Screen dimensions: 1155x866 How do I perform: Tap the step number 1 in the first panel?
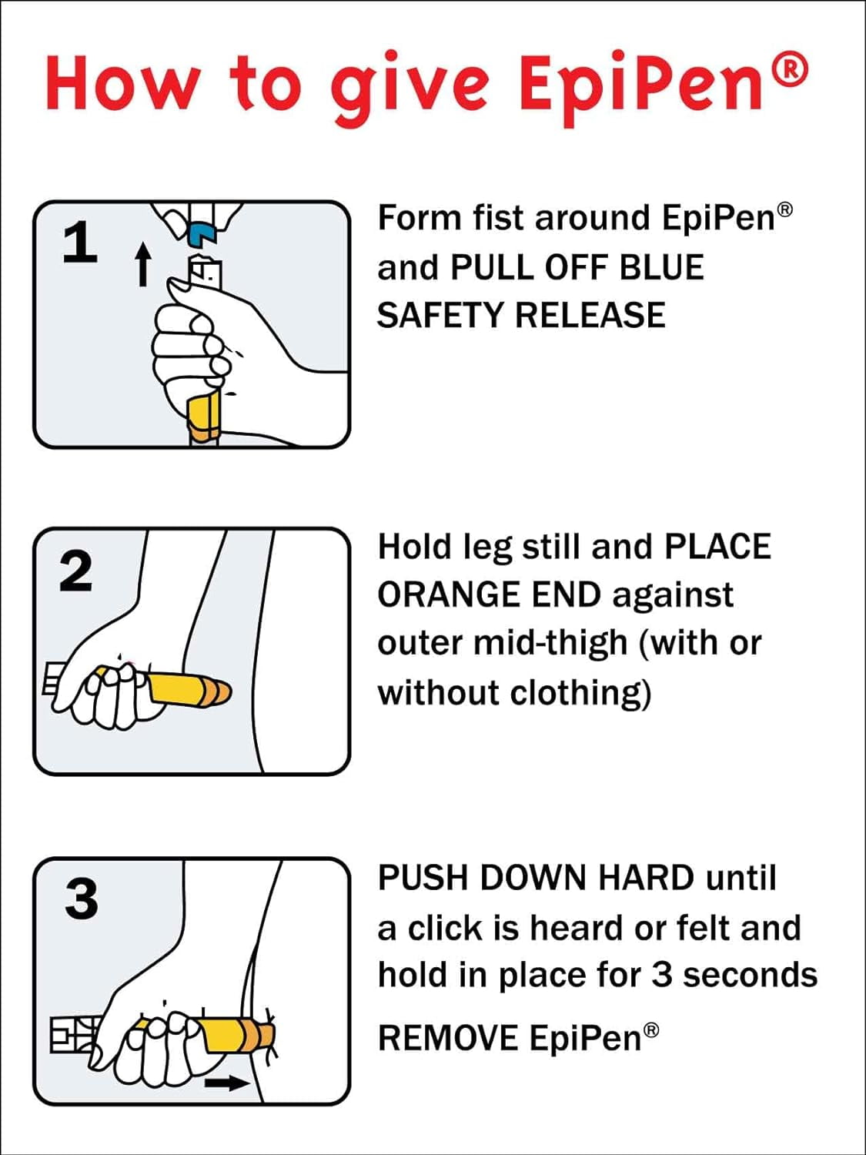click(79, 243)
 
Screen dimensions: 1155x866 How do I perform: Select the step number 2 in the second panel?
click(75, 571)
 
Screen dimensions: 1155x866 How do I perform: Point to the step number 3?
click(81, 899)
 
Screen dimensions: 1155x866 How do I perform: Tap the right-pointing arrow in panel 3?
click(227, 1083)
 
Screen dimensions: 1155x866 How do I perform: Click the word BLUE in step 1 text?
click(661, 267)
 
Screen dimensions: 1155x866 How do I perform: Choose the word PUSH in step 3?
click(423, 878)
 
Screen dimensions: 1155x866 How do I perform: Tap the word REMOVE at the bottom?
click(447, 1038)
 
